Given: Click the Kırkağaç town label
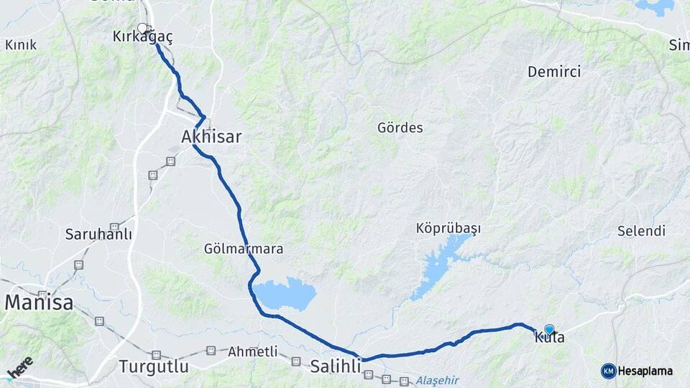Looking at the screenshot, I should click(x=142, y=37).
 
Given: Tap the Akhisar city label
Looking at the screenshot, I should click(x=211, y=137).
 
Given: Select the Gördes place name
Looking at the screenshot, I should click(x=400, y=128).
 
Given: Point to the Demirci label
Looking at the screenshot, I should click(x=553, y=72).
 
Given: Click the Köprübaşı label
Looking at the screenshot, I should click(x=448, y=228).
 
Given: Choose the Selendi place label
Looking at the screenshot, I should click(x=641, y=231).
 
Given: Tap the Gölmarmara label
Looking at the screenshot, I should click(x=243, y=249).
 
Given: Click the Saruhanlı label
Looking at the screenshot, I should click(x=98, y=234).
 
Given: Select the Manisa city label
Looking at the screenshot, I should click(x=39, y=303).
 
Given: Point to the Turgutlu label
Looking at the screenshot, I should click(x=154, y=366).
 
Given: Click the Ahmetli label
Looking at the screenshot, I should click(x=252, y=352).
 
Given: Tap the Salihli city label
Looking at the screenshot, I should click(x=335, y=366).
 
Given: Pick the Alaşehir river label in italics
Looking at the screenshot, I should click(x=436, y=381).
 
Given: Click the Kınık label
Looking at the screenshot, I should click(x=21, y=45).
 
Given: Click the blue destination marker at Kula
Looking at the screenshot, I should click(x=549, y=328).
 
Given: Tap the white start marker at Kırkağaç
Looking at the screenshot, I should click(x=142, y=28).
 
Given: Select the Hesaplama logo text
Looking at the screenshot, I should click(x=645, y=371).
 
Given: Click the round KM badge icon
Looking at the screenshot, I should click(x=608, y=371).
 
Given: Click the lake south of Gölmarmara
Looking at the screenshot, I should click(x=285, y=294).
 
